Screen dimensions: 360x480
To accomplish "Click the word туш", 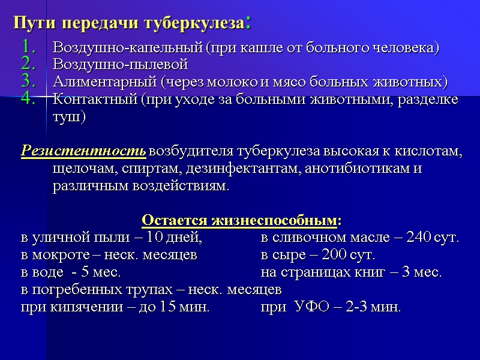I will click(x=69, y=116).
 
